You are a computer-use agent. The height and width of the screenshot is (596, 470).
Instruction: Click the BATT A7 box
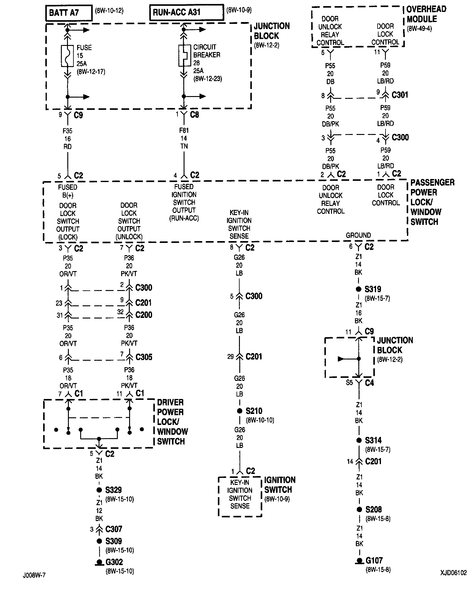pyautogui.click(x=69, y=13)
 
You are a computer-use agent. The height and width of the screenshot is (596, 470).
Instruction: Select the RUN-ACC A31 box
pyautogui.click(x=186, y=13)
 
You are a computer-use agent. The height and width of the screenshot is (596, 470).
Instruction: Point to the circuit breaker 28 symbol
pyautogui.click(x=184, y=55)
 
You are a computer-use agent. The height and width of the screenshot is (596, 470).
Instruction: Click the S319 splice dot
pyautogui.click(x=359, y=289)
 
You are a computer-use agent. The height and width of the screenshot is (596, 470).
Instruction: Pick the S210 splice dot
pyautogui.click(x=240, y=411)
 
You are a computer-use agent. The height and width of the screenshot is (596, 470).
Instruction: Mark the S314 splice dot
pyautogui.click(x=359, y=440)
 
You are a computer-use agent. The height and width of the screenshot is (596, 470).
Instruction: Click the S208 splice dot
pyautogui.click(x=359, y=509)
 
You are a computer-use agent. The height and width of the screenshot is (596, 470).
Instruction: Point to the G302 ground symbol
pyautogui.click(x=99, y=562)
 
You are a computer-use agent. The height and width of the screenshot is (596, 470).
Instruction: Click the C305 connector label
pyautogui.click(x=144, y=357)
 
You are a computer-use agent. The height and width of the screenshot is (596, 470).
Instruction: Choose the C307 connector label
pyautogui.click(x=114, y=529)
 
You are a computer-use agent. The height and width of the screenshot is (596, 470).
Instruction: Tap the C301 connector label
pyautogui.click(x=400, y=95)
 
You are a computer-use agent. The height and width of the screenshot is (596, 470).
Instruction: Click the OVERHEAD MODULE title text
pyautogui.click(x=426, y=14)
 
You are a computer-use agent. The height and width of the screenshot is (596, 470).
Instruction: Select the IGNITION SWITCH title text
pyautogui.click(x=280, y=485)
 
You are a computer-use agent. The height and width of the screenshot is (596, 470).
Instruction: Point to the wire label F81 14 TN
pyautogui.click(x=184, y=138)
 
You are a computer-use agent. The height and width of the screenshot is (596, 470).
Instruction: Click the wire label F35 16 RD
pyautogui.click(x=68, y=139)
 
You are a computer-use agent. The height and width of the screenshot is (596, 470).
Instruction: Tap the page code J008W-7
pyautogui.click(x=34, y=575)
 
